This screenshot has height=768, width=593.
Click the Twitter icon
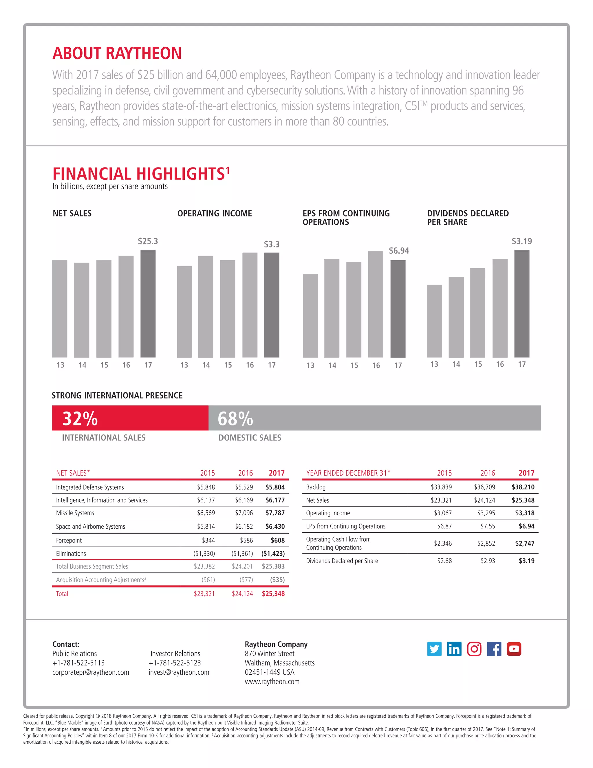pos(434,649)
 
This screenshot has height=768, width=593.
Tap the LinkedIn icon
pos(454,649)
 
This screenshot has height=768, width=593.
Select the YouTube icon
pos(514,649)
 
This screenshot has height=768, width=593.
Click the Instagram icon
pos(474,649)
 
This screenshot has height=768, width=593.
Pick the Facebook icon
pos(494,649)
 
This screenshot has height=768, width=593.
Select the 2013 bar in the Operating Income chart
pos(184,312)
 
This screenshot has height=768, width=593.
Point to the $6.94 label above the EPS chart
pos(399,251)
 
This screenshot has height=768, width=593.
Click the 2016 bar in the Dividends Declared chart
pos(500,308)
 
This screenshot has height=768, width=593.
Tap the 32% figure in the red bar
pos(80,418)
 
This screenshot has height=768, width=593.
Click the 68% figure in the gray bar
pos(235,418)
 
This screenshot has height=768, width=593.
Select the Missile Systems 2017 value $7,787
pos(275,513)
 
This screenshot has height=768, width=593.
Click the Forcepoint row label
pos(69,540)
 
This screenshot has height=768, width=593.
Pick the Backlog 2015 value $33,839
pos(441,487)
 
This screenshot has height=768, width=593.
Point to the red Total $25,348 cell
pos(273,594)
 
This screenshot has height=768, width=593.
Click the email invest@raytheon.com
pos(179,672)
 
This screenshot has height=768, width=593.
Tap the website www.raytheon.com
pos(272,682)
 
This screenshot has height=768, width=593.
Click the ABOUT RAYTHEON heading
pos(117,53)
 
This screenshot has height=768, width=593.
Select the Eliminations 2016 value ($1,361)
pos(242,554)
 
